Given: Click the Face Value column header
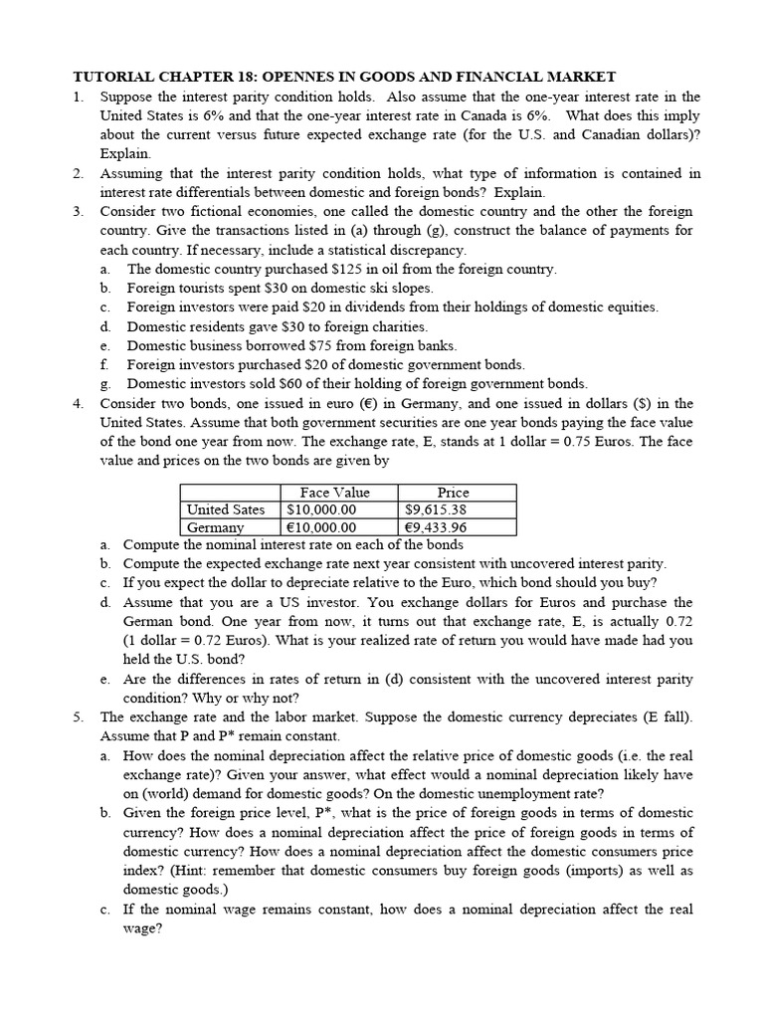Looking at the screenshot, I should [334, 493].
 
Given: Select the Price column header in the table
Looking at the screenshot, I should [453, 493].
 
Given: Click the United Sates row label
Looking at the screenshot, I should [226, 509].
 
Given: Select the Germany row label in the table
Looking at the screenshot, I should [216, 527].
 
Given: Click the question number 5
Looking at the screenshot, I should [78, 716].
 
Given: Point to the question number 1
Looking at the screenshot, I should [78, 97].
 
